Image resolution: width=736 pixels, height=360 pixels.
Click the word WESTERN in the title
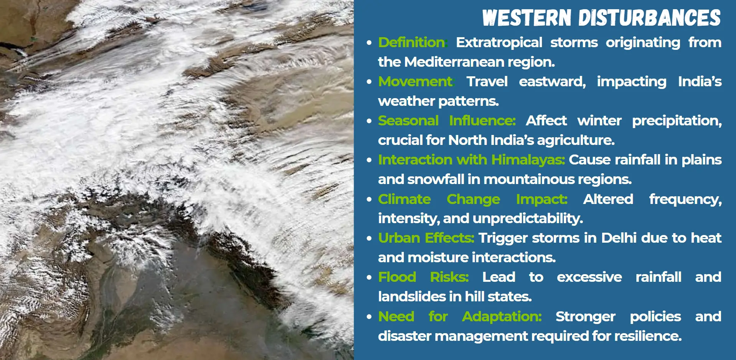click(527, 18)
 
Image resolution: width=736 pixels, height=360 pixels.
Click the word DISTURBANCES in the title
click(649, 18)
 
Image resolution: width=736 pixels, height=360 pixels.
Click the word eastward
click(552, 82)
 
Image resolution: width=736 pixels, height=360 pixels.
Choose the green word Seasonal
click(408, 120)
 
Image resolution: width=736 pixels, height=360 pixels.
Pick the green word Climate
click(404, 199)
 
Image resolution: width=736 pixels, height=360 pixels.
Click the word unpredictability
click(528, 219)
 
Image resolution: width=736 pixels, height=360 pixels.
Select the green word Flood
click(397, 277)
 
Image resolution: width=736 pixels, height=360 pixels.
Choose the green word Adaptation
click(502, 317)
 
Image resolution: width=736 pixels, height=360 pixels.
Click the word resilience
click(648, 336)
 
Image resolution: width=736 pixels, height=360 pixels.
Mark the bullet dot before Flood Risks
click(369, 277)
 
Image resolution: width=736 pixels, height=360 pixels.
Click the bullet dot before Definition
click(369, 43)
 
